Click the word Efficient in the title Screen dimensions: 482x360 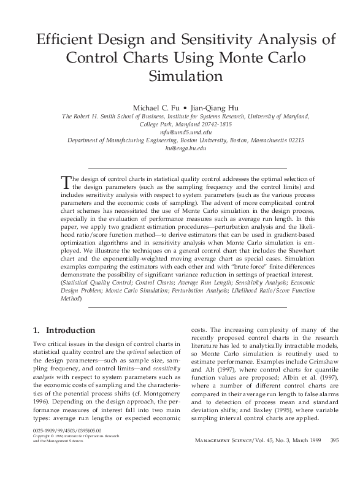(x=66, y=40)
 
